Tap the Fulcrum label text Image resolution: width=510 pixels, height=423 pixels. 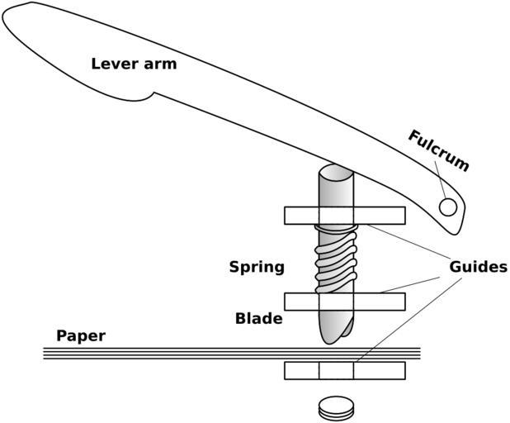(438, 150)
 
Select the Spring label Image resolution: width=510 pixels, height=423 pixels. (257, 267)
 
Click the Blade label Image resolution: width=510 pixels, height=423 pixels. (258, 318)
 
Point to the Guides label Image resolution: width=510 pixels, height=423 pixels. (478, 267)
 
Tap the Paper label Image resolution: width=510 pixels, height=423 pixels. (81, 336)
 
